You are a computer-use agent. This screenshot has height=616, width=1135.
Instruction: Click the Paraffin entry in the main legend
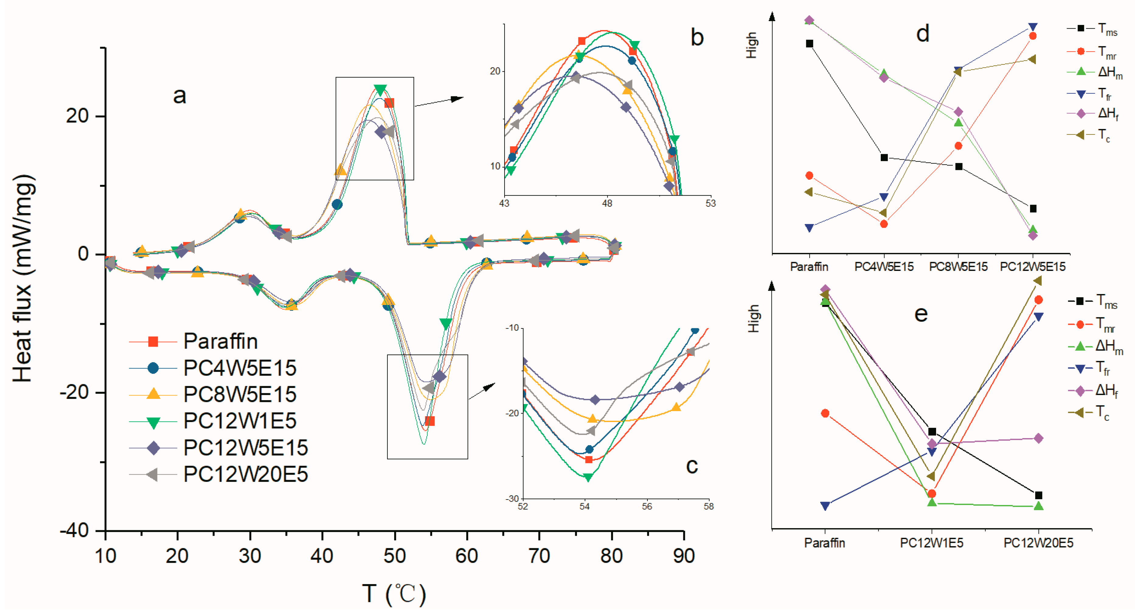220,341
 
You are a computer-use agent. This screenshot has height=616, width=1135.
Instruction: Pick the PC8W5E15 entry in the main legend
239,394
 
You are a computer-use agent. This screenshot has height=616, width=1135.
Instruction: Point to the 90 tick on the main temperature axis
683,556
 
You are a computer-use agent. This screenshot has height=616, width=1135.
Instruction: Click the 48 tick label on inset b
607,204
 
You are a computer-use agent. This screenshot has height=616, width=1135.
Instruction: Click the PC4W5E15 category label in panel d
883,267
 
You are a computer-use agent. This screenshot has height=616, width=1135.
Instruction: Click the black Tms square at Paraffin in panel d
809,43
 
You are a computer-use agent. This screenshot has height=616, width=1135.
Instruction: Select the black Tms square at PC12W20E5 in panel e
1039,496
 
